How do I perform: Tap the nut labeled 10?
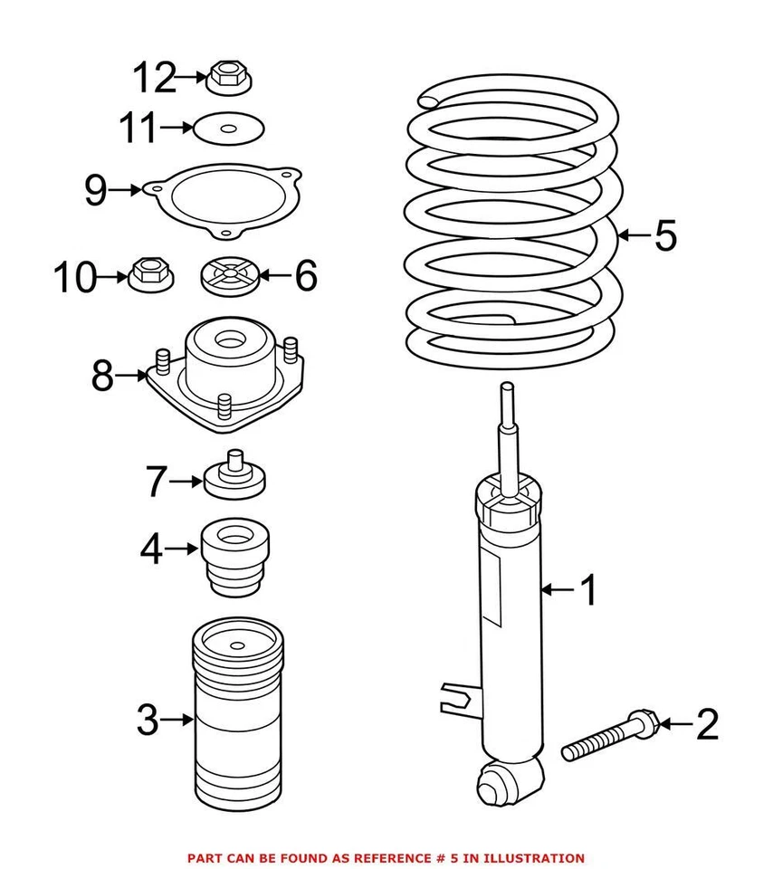click(x=148, y=272)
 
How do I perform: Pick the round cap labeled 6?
click(x=229, y=274)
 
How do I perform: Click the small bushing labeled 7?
click(x=234, y=476)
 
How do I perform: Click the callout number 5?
click(x=665, y=235)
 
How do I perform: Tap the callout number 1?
click(x=589, y=591)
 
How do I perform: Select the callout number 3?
click(x=147, y=721)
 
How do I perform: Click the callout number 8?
click(x=102, y=375)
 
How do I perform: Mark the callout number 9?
click(x=96, y=190)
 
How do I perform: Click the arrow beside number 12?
click(x=192, y=78)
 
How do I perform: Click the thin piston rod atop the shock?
click(x=508, y=434)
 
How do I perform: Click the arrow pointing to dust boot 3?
click(x=177, y=721)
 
